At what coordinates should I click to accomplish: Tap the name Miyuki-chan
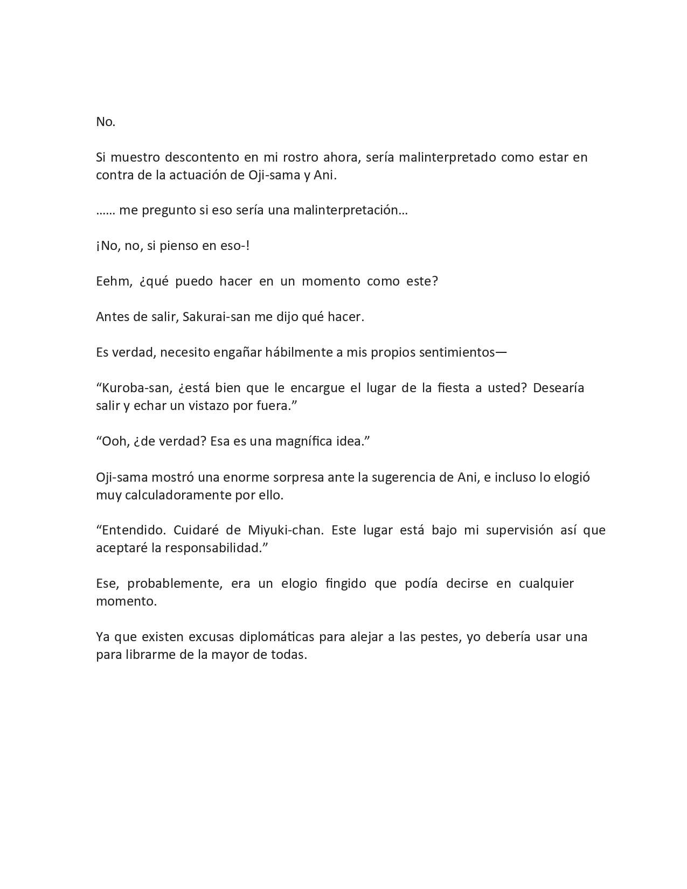coord(286,530)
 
